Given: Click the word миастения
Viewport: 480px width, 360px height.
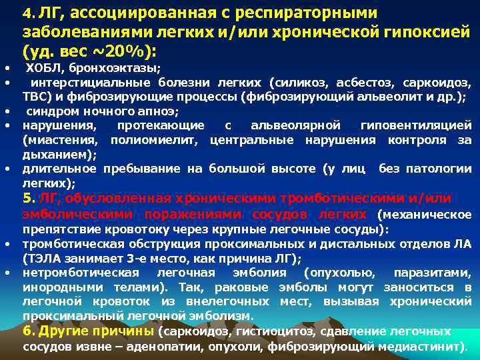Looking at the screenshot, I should point(64,139).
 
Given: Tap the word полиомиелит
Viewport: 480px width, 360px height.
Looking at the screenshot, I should point(157,139).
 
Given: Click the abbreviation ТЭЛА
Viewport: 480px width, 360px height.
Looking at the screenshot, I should point(42,259).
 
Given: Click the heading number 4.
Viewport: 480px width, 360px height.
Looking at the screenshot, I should point(27,13).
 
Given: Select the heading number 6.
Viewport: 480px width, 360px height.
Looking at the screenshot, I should point(28,331).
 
